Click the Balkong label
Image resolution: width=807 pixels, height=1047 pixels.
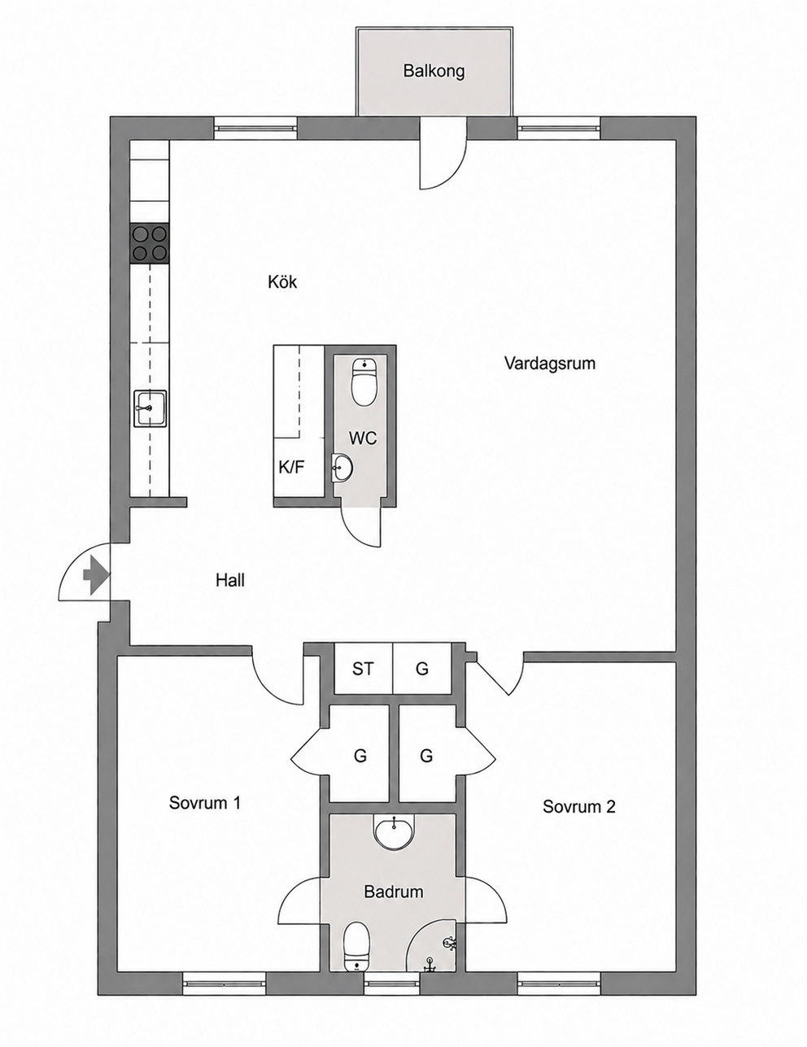[434, 72]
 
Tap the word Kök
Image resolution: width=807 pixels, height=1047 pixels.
[282, 281]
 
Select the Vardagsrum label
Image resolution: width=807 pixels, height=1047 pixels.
[550, 363]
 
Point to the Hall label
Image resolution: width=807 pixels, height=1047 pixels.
[230, 580]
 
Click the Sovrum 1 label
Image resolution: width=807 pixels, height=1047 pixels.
[205, 803]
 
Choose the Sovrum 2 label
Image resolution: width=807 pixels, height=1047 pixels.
[579, 806]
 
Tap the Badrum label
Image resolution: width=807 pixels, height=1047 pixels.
[394, 892]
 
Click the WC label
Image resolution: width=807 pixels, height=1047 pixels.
[363, 438]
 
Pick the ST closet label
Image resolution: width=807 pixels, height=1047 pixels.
[363, 668]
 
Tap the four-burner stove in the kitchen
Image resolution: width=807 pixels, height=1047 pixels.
[150, 243]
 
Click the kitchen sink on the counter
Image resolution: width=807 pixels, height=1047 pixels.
[150, 408]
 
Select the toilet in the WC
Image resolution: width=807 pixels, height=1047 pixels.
[364, 382]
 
